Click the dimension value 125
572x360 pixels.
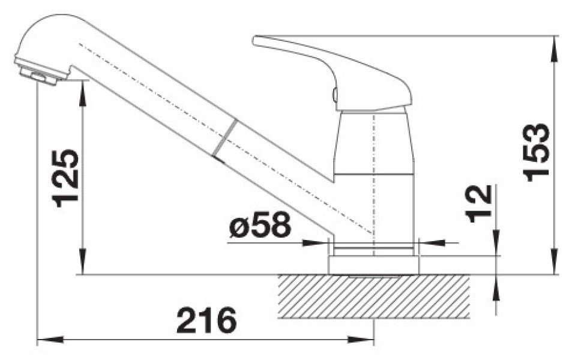click(x=66, y=178)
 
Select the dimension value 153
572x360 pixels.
click(x=536, y=152)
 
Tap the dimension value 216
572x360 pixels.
click(x=206, y=320)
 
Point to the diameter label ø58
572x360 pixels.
click(x=260, y=224)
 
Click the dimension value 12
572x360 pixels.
click(x=478, y=203)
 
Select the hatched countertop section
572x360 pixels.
click(x=373, y=296)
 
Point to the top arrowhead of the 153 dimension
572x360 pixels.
click(x=555, y=48)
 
